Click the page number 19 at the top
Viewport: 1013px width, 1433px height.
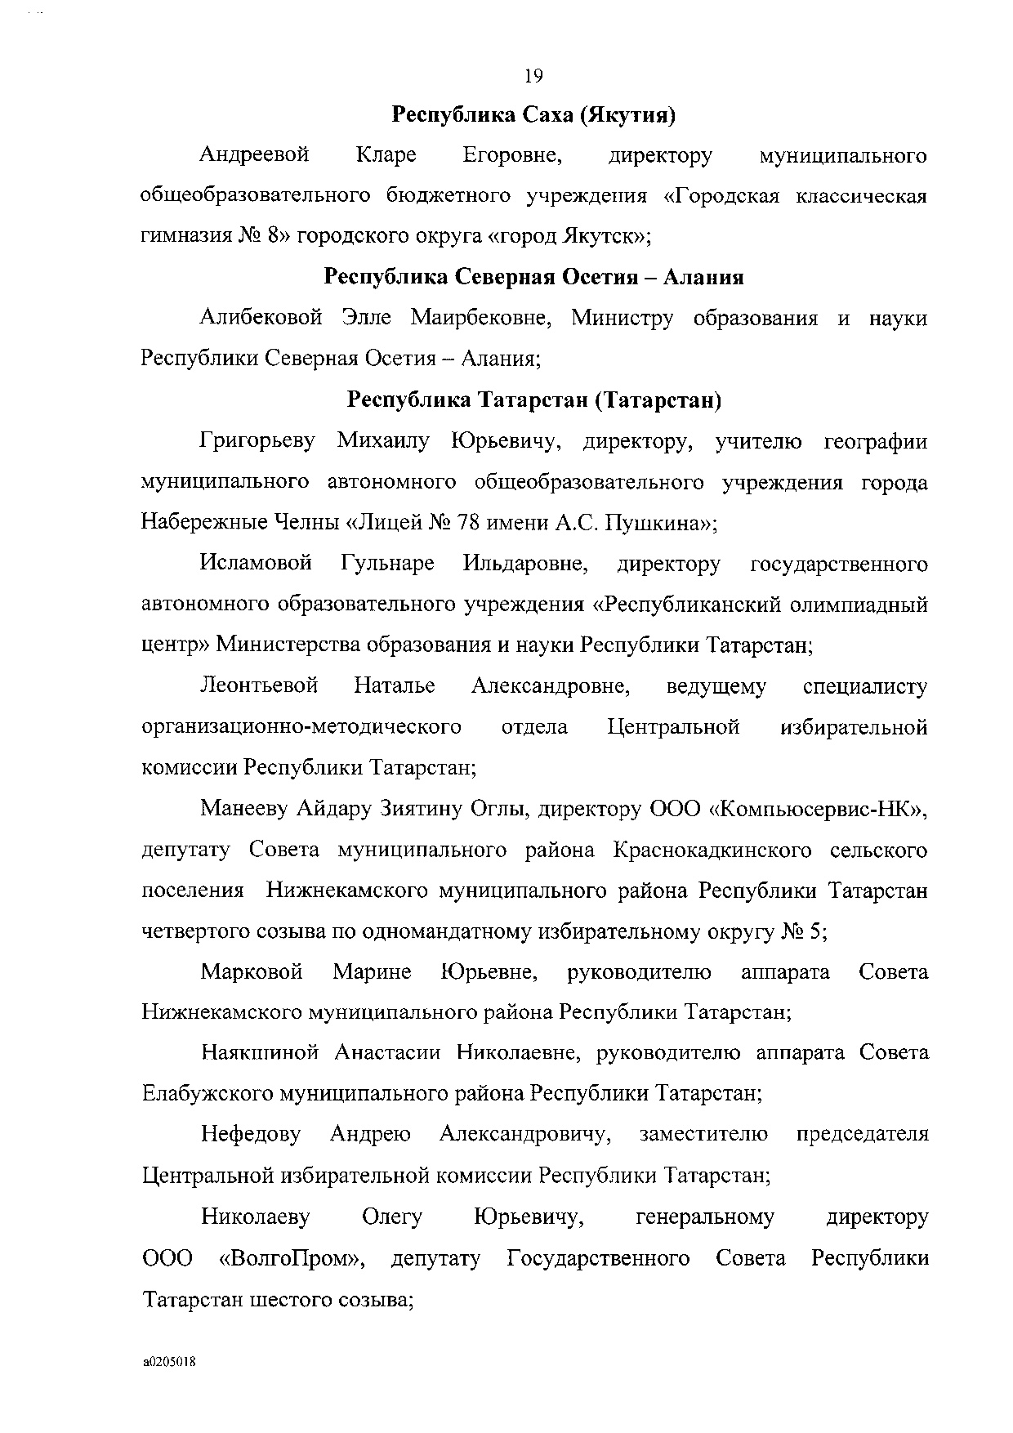point(533,76)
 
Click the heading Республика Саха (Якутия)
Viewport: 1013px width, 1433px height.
point(533,114)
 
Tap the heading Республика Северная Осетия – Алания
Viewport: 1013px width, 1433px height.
point(533,277)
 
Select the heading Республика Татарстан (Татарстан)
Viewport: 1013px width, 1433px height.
point(533,400)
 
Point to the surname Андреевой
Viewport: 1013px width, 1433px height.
point(254,154)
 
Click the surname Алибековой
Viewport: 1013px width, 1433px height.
point(261,318)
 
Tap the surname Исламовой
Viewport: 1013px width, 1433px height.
point(256,564)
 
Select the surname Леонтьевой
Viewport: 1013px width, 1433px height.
point(259,685)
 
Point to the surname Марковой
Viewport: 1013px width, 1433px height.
point(252,972)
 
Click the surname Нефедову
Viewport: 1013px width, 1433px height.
point(251,1134)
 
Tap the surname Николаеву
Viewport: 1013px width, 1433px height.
point(256,1216)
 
